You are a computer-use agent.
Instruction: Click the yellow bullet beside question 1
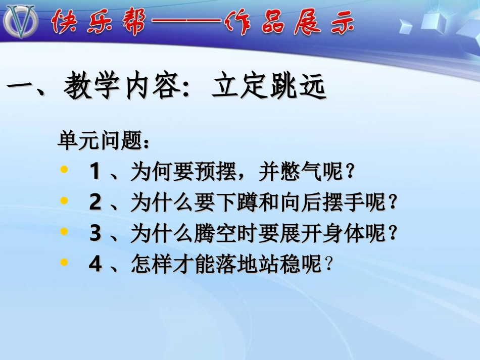pyautogui.click(x=64, y=170)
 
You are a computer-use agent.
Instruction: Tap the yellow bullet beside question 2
pyautogui.click(x=64, y=201)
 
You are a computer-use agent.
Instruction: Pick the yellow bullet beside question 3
pyautogui.click(x=64, y=232)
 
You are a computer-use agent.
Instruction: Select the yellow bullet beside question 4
pyautogui.click(x=64, y=263)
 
